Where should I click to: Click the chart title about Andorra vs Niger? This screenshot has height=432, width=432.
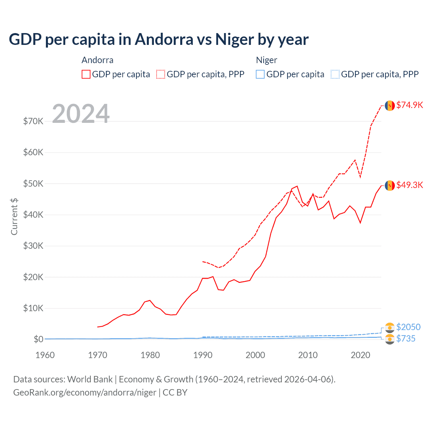159,39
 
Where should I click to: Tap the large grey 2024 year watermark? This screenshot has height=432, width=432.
81,114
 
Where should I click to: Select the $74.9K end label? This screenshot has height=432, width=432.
409,105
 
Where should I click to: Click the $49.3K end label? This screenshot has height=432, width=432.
409,185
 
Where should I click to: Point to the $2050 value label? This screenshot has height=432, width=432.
408,327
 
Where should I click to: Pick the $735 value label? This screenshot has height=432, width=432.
406,339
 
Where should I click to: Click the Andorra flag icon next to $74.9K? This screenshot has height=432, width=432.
390,106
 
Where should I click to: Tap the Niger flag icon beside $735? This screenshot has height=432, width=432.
390,339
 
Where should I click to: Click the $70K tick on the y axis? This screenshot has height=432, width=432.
33,121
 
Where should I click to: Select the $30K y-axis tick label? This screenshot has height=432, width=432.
33,246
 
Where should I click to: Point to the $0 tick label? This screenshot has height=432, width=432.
38,339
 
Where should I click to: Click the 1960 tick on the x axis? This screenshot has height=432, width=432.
45,355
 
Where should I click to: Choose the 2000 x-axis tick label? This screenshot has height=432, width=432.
255,355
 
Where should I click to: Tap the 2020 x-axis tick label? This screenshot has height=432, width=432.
360,355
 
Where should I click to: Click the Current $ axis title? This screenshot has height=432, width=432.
14,216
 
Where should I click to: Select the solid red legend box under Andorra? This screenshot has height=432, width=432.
86,74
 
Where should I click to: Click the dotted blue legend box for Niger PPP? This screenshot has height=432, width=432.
335,74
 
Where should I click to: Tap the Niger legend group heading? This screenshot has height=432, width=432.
266,60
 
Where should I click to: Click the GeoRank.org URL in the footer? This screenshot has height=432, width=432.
85,393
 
